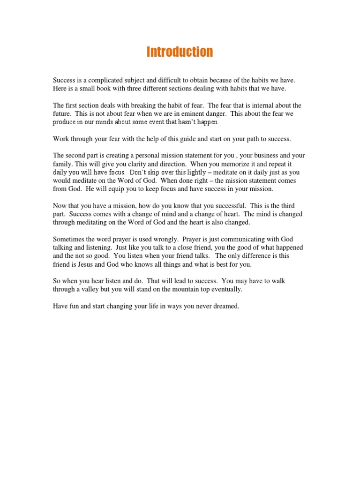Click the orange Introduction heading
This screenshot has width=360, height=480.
tap(180, 52)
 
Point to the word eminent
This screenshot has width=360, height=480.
tap(178, 113)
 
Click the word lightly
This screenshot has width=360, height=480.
tap(193, 172)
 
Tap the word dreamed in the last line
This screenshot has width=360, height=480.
tap(227, 306)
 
